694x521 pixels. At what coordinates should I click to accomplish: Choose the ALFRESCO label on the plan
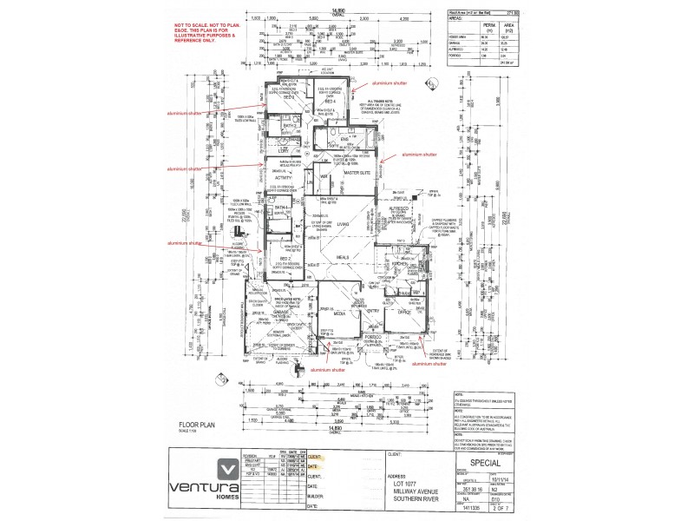tap(399, 209)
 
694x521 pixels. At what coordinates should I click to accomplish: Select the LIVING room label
tap(343, 224)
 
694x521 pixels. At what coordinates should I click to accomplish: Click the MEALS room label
tap(343, 257)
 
